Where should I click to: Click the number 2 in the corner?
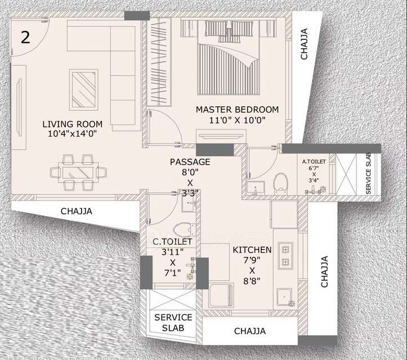(25, 37)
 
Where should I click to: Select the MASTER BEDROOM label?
(237, 109)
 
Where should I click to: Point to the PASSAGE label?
(190, 162)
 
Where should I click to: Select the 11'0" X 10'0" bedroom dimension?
(237, 120)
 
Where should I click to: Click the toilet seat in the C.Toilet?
(181, 229)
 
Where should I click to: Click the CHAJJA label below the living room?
(76, 211)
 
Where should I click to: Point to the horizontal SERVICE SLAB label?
(173, 323)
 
